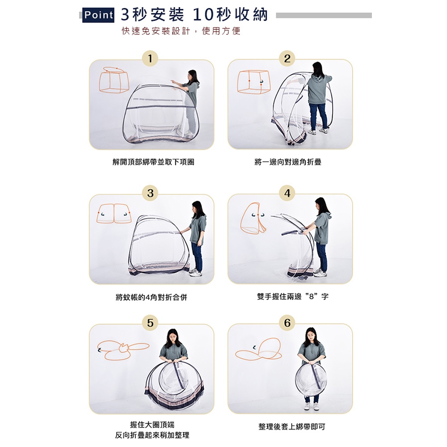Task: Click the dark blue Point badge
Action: pyautogui.click(x=98, y=15)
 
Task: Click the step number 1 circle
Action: pyautogui.click(x=150, y=59)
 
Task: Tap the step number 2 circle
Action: pyautogui.click(x=287, y=59)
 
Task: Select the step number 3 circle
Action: pyautogui.click(x=150, y=193)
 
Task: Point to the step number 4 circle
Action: pyautogui.click(x=287, y=193)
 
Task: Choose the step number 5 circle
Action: pyautogui.click(x=150, y=323)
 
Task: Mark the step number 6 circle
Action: pyautogui.click(x=287, y=323)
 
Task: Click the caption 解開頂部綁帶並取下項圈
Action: pyautogui.click(x=153, y=162)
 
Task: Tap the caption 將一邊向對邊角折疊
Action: pyautogui.click(x=288, y=162)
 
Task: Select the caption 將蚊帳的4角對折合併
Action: pyautogui.click(x=152, y=297)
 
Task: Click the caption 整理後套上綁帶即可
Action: pyautogui.click(x=291, y=427)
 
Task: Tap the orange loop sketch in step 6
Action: pyautogui.click(x=258, y=350)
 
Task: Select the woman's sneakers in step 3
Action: pyautogui.click(x=196, y=272)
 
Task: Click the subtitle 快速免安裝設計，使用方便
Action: pyautogui.click(x=181, y=31)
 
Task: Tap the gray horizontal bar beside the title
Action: pyautogui.click(x=324, y=15)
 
